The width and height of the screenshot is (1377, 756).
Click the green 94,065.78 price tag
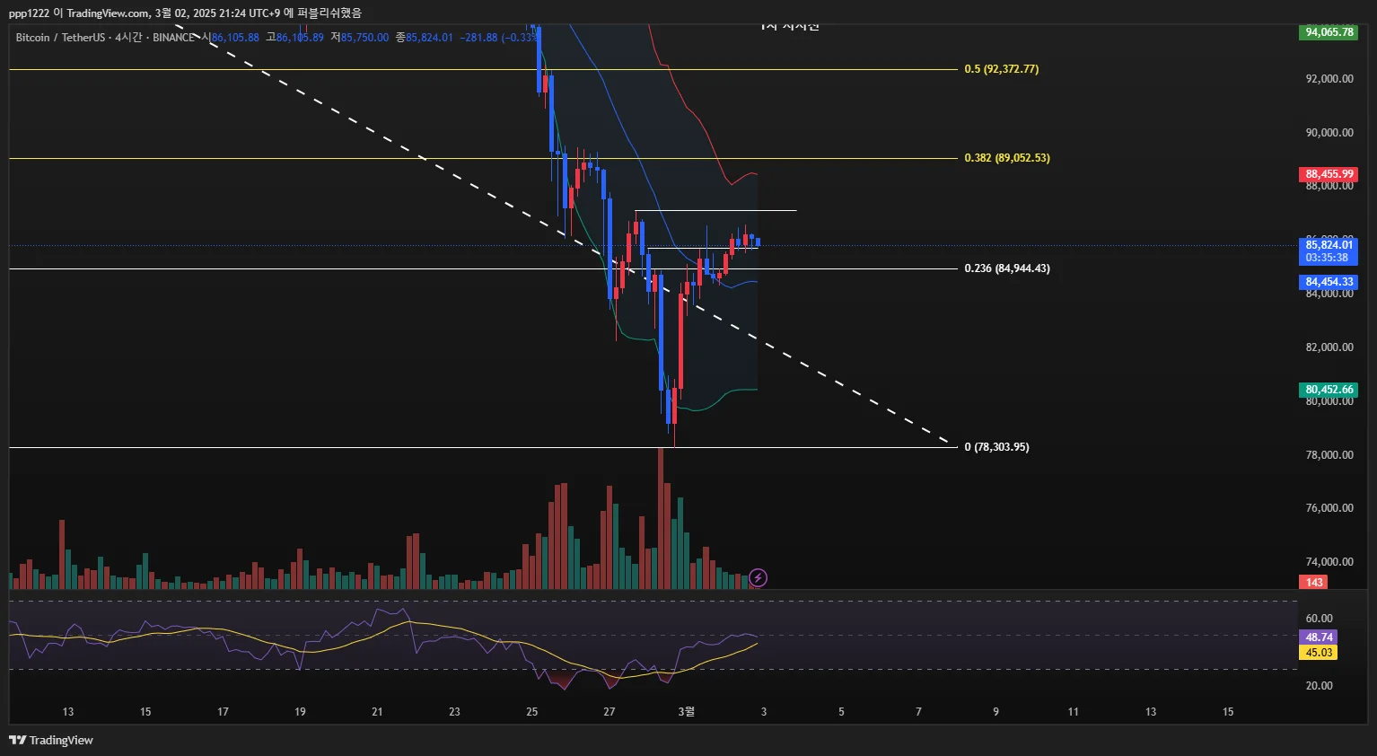point(1329,32)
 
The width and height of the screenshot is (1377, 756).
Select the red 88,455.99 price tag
point(1329,174)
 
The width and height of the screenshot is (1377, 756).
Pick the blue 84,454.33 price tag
point(1329,282)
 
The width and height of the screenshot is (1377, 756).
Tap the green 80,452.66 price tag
point(1329,390)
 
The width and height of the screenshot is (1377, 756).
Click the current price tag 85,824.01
point(1329,245)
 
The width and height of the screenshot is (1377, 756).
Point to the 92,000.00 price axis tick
point(1329,79)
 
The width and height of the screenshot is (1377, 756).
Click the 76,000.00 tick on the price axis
point(1329,508)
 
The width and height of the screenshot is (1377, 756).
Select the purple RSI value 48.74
point(1318,637)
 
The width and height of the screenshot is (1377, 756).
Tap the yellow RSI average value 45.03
point(1318,653)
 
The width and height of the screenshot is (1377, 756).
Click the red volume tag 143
point(1314,583)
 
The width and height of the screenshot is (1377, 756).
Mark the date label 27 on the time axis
point(610,712)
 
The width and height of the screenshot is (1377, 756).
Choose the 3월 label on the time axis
point(686,712)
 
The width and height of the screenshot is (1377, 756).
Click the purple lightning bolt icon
point(758,578)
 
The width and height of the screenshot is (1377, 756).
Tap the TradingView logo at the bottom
point(51,741)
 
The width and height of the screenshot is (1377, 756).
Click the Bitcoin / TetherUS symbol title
point(60,38)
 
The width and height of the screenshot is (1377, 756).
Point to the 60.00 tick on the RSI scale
point(1319,619)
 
